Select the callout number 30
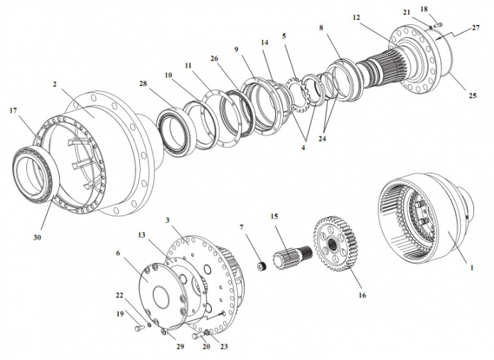pos(38,237)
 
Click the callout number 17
pos(14,111)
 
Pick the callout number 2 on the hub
pos(54,84)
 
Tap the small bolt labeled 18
pos(439,26)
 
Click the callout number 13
pos(141,235)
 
